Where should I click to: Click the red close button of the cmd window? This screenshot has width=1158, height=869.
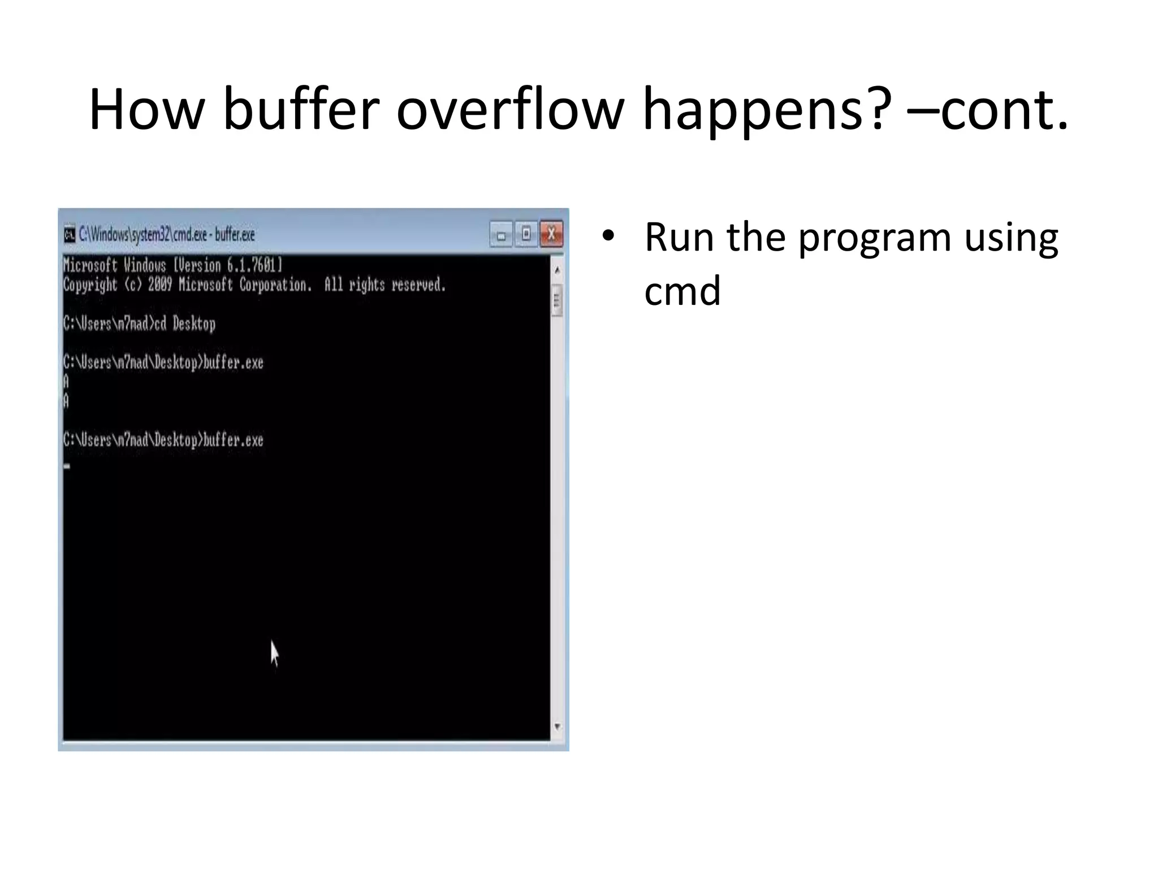pyautogui.click(x=551, y=234)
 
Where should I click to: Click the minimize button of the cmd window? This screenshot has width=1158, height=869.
pyautogui.click(x=501, y=235)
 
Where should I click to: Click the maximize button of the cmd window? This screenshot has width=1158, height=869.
pyautogui.click(x=526, y=234)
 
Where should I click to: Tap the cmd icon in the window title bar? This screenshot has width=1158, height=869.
pyautogui.click(x=70, y=235)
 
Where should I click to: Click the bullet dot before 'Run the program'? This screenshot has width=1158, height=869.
pyautogui.click(x=608, y=236)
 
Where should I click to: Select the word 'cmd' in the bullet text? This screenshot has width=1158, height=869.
pyautogui.click(x=682, y=291)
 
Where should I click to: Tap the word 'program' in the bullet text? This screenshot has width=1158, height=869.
pyautogui.click(x=874, y=238)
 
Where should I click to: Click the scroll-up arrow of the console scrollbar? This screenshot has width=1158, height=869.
pyautogui.click(x=558, y=270)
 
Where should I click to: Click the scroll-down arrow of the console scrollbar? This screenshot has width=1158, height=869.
pyautogui.click(x=558, y=726)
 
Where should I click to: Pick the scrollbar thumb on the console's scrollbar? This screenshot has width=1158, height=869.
pyautogui.click(x=558, y=300)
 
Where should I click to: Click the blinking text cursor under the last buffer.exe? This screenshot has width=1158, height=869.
pyautogui.click(x=67, y=467)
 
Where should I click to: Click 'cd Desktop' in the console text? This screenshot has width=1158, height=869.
pyautogui.click(x=185, y=324)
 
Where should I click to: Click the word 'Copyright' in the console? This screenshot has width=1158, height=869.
pyautogui.click(x=89, y=285)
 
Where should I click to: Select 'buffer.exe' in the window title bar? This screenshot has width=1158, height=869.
pyautogui.click(x=235, y=234)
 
